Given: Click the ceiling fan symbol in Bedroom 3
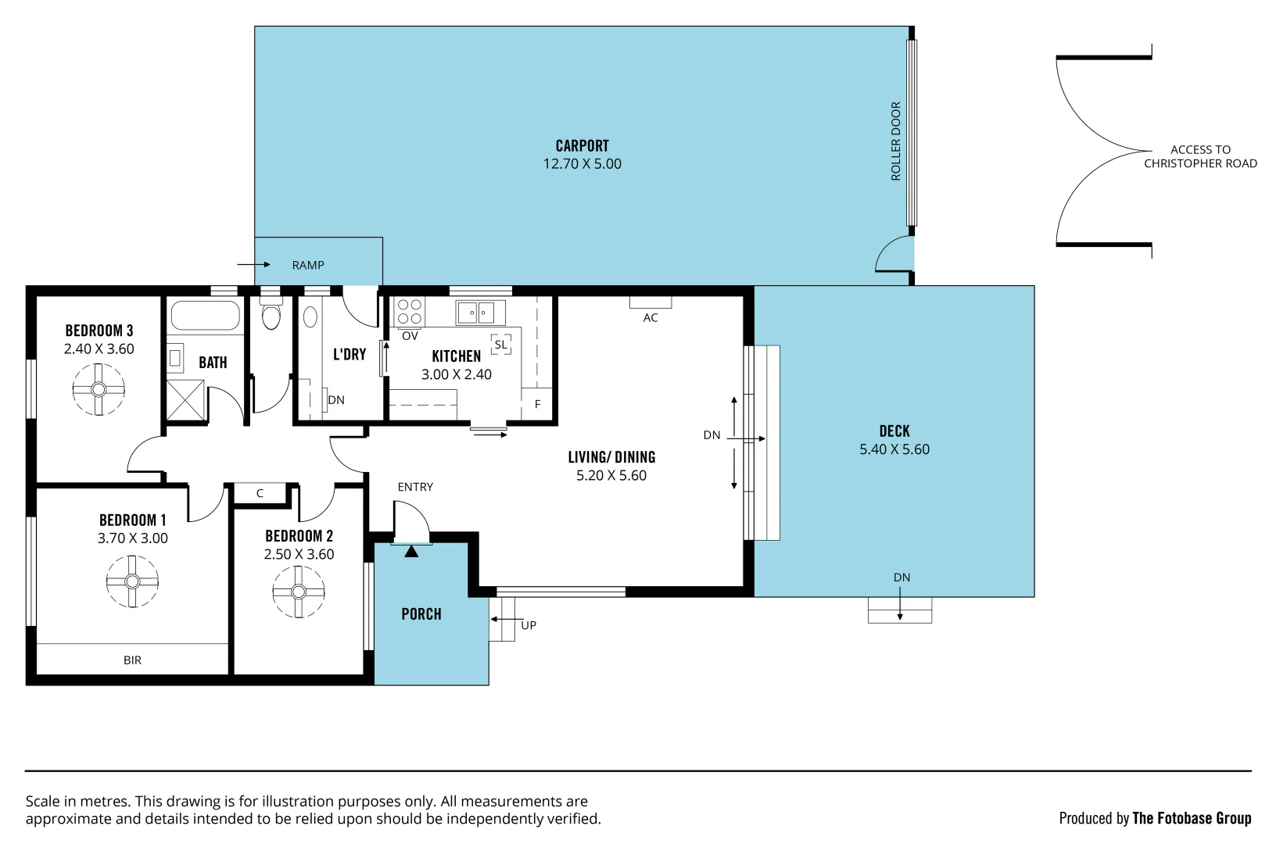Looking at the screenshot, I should click(99, 389).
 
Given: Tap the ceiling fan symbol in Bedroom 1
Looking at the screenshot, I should click(132, 581).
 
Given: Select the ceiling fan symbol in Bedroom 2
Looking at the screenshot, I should click(298, 592).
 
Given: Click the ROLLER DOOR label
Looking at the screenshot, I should click(896, 141).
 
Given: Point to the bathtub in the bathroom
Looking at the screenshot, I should click(205, 316).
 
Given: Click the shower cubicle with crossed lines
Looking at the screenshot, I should click(186, 401).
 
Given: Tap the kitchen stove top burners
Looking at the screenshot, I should click(410, 312).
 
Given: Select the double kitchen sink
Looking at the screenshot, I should click(478, 313).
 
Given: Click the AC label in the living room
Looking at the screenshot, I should click(651, 317).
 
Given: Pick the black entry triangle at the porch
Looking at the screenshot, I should click(411, 552).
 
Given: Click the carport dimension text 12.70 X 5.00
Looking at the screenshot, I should click(583, 164).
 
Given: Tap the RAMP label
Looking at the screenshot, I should click(308, 265).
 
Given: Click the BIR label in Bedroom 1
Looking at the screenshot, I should click(133, 660).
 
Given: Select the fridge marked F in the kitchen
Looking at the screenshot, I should click(537, 404).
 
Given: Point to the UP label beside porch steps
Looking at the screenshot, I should click(529, 625).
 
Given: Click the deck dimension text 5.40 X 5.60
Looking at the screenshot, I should click(894, 449).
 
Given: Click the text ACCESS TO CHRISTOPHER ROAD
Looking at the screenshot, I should click(1200, 156).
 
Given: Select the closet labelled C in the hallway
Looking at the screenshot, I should click(260, 493).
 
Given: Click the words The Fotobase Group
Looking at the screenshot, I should click(1192, 818).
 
